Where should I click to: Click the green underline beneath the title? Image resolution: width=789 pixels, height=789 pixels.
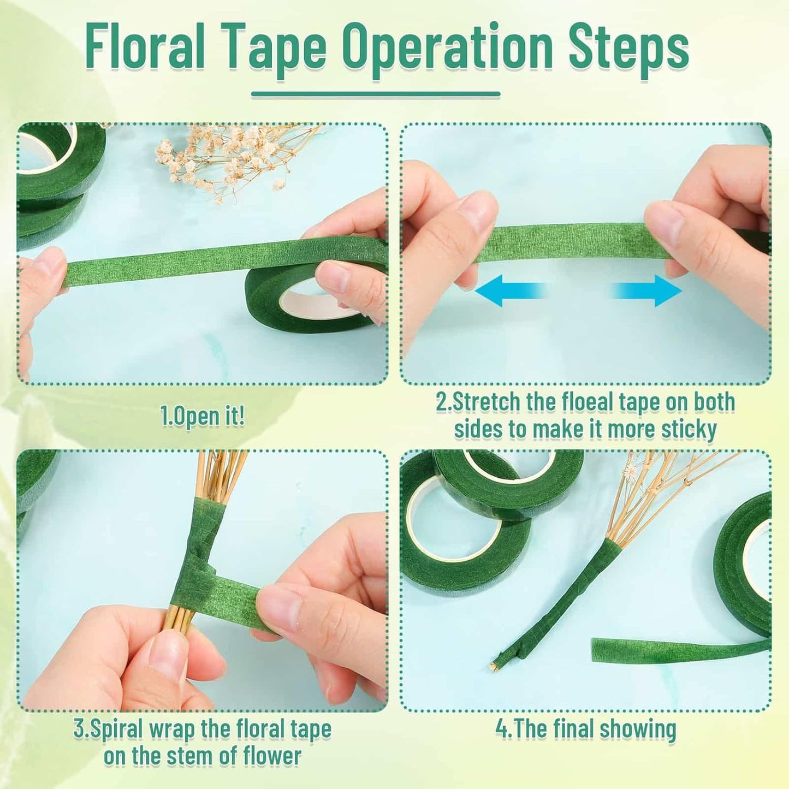click(x=375, y=95)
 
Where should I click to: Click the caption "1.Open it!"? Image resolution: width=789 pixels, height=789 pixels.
click(x=203, y=417)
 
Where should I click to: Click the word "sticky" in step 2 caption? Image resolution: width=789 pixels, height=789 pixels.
click(x=689, y=429)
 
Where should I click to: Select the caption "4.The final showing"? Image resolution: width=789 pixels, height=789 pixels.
click(x=585, y=729)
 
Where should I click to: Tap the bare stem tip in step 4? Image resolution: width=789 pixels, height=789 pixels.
click(x=497, y=665)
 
